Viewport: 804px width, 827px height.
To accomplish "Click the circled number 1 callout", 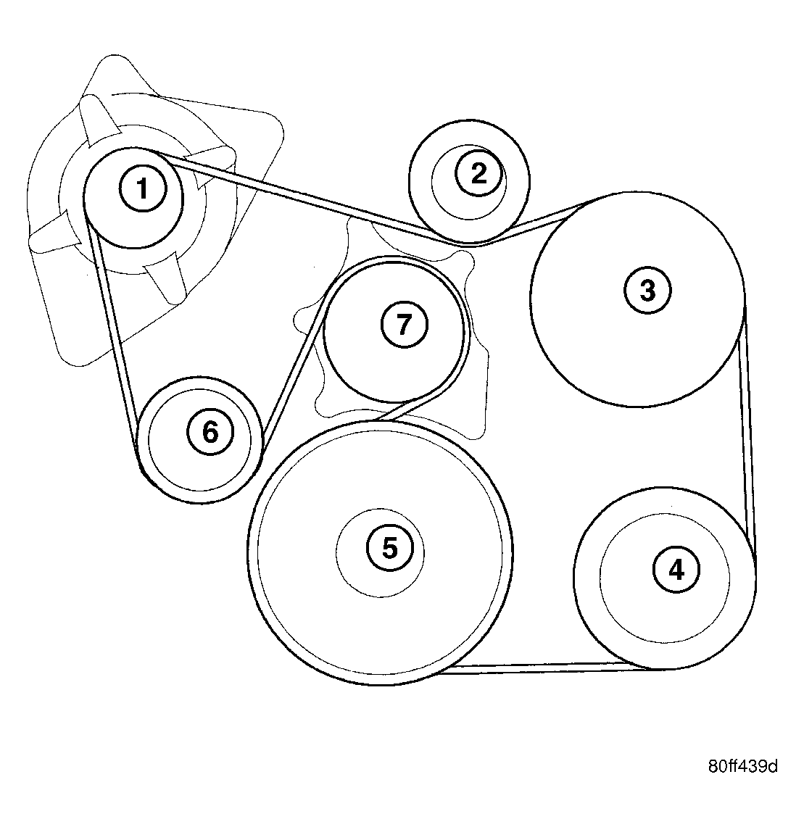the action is point(142,188).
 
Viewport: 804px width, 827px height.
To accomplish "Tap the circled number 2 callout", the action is point(478,173).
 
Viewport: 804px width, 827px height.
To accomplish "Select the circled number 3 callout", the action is point(647,290).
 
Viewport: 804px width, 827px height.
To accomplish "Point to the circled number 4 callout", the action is point(676,570).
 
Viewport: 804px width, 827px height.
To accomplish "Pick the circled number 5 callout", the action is point(390,548).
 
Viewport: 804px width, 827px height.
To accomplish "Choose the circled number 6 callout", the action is point(210,433).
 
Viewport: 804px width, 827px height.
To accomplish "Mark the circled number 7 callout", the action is point(404,324).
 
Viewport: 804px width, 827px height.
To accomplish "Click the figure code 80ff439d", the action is point(743,766).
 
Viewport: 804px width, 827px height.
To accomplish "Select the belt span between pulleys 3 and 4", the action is point(748,433).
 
